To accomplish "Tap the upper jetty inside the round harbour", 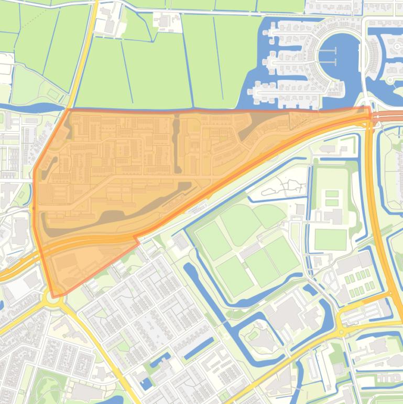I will click(328, 51).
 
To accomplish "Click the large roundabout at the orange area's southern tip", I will click(53, 298).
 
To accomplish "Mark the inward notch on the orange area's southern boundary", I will click(137, 239).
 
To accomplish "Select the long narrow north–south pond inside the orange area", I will click(177, 144).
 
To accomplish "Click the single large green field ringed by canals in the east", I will click(330, 239).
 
